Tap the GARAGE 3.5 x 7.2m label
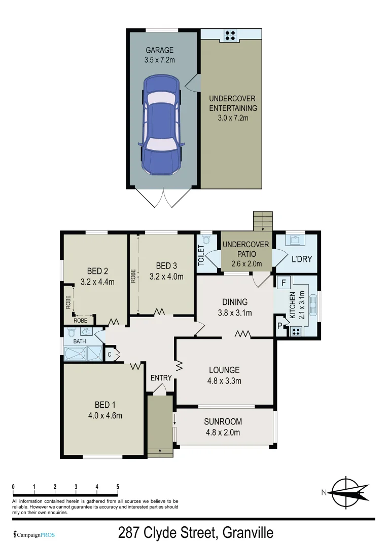click(x=159, y=55)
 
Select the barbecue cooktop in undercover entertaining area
click(x=230, y=34)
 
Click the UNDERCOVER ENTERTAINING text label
click(x=233, y=108)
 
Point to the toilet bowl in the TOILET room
click(x=206, y=240)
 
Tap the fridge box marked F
click(x=284, y=283)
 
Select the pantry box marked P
click(x=279, y=325)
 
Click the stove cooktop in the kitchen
click(x=295, y=332)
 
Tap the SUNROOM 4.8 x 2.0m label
click(x=223, y=426)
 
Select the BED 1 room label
click(x=105, y=410)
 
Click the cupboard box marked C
click(x=110, y=355)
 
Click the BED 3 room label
click(x=166, y=271)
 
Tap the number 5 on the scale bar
click(x=118, y=487)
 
